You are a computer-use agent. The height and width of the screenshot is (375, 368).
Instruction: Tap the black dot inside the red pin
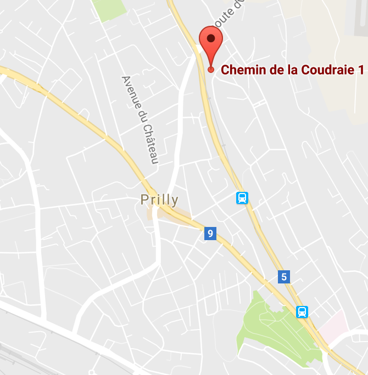tap(211, 39)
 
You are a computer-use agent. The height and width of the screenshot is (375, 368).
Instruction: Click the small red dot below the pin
tap(211, 70)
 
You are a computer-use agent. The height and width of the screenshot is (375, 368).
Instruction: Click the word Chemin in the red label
tap(241, 70)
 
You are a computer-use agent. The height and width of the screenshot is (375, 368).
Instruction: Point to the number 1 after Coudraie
tap(361, 70)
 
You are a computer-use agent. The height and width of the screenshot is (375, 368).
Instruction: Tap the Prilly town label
tap(159, 200)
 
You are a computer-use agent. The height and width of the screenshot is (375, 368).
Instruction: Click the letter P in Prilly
tap(144, 200)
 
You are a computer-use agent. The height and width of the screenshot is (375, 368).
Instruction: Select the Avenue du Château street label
tap(140, 120)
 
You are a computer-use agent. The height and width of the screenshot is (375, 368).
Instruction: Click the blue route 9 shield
tap(209, 234)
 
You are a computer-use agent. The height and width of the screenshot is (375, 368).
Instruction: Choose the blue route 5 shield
tap(284, 277)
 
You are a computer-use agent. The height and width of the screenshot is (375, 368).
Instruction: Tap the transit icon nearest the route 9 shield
tap(242, 198)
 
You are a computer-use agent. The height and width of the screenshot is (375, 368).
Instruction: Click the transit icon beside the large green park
tap(302, 312)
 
